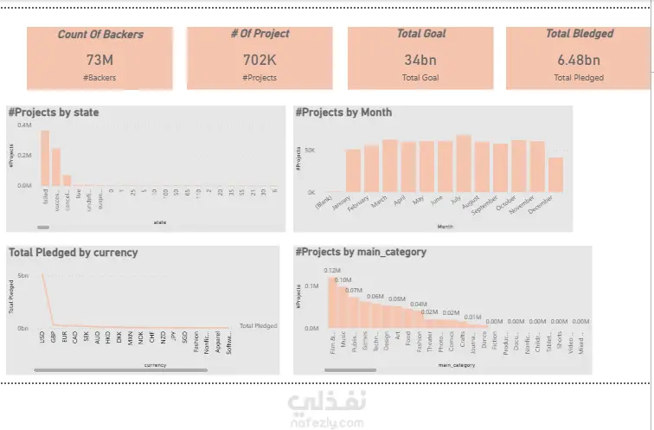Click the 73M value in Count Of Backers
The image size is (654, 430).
pos(100,60)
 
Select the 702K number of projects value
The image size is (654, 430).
pos(260,60)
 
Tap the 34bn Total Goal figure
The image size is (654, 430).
pos(420,60)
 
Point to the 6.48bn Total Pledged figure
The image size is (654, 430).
pos(579,60)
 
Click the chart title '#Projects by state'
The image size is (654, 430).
pos(53,112)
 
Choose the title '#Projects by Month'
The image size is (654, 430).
pos(343,112)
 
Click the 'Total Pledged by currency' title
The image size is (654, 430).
pos(73,253)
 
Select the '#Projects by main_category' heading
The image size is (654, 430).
pos(362,253)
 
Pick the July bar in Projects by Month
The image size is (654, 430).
pos(464,164)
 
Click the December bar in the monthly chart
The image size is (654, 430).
pos(556,174)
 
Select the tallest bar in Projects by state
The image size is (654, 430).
pos(44,159)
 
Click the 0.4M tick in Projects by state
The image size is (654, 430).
pos(23,126)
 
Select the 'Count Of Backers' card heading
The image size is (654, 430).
pos(100,35)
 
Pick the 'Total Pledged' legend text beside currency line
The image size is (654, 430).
pos(258,326)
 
